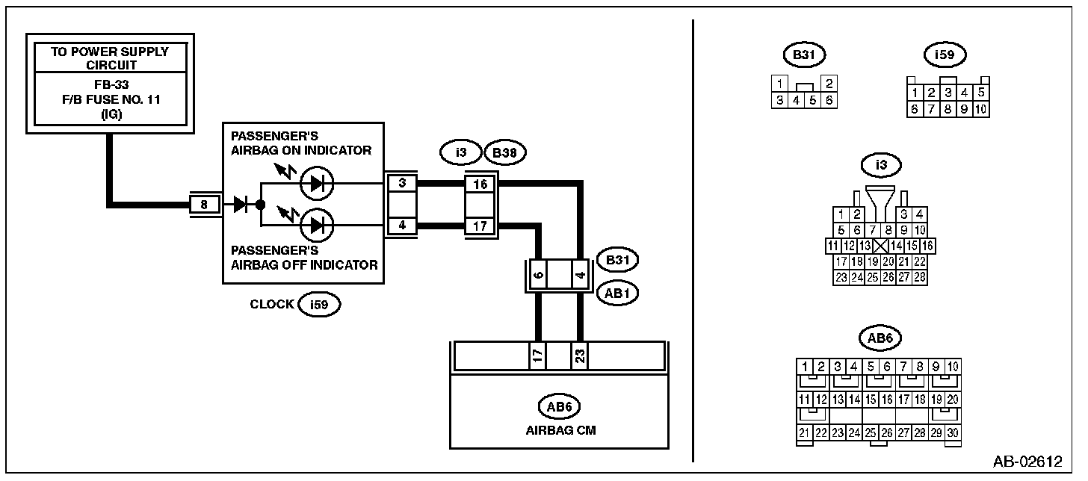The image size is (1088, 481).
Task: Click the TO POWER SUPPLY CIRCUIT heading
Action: pyautogui.click(x=110, y=58)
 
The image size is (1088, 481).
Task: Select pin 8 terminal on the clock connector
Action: pyautogui.click(x=204, y=205)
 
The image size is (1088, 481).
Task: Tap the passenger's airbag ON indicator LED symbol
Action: pyautogui.click(x=317, y=184)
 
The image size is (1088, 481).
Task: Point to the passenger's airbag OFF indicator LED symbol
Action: pyautogui.click(x=317, y=226)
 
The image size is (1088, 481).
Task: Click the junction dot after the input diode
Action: pyautogui.click(x=261, y=205)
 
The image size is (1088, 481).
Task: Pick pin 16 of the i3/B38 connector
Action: pyautogui.click(x=480, y=184)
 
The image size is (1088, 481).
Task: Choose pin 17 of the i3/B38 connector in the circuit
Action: pyautogui.click(x=480, y=226)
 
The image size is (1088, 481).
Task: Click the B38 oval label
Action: pyautogui.click(x=504, y=153)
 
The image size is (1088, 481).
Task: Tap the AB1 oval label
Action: pyautogui.click(x=617, y=294)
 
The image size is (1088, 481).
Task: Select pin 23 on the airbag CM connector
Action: pyautogui.click(x=580, y=356)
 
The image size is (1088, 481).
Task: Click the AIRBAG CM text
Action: pyautogui.click(x=560, y=430)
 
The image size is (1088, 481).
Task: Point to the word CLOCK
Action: pyautogui.click(x=271, y=304)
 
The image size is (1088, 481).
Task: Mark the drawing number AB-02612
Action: pyautogui.click(x=1027, y=461)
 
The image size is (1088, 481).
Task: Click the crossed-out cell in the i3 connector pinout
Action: pyautogui.click(x=880, y=246)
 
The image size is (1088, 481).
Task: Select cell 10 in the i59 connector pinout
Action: pyautogui.click(x=980, y=109)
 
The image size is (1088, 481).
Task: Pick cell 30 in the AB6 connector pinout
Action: pyautogui.click(x=953, y=432)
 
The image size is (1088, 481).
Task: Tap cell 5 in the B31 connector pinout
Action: pyautogui.click(x=812, y=101)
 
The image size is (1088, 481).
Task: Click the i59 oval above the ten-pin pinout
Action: pyautogui.click(x=945, y=55)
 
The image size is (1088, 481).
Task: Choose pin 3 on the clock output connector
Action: pyautogui.click(x=402, y=184)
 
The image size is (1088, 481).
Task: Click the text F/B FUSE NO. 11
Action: pyautogui.click(x=111, y=99)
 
